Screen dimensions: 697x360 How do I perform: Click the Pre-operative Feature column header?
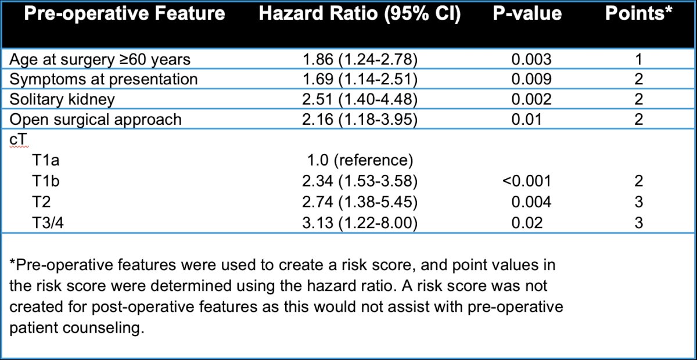click(124, 14)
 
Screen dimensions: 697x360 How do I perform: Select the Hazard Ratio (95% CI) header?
click(360, 14)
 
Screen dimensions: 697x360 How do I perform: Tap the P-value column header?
click(527, 14)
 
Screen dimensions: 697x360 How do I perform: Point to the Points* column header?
click(638, 13)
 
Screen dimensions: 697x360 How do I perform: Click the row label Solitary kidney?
click(62, 99)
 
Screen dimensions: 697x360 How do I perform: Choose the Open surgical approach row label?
click(95, 120)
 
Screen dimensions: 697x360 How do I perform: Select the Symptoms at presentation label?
click(103, 80)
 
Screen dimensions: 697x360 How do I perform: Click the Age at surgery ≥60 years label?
click(100, 59)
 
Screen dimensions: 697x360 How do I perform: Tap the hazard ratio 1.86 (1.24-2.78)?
click(360, 59)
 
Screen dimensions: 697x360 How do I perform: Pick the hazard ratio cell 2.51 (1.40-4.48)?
click(360, 99)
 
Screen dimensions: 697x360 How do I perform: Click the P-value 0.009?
click(531, 80)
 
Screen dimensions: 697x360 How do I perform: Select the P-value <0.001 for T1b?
click(527, 181)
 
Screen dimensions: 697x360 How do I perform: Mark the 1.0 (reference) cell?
click(360, 161)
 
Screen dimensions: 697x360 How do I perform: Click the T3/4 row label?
click(48, 223)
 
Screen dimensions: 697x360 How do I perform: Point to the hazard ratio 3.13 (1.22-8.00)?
click(360, 223)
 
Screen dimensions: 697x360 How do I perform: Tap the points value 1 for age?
click(639, 59)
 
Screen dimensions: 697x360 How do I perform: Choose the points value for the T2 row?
click(639, 202)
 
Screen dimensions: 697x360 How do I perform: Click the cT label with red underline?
click(19, 140)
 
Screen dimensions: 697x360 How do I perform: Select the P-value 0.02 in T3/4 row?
click(527, 223)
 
